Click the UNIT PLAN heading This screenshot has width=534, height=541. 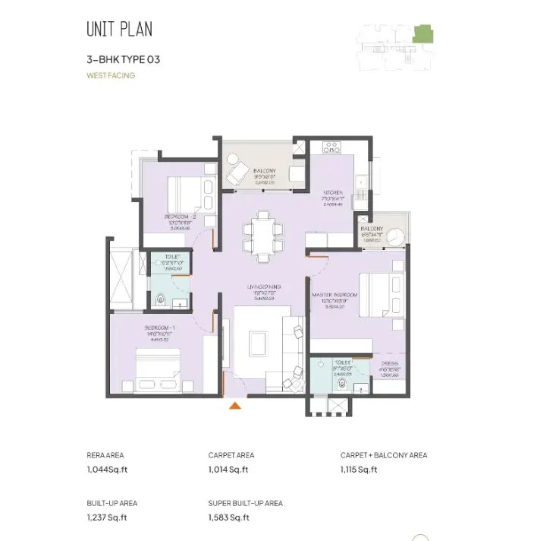[119, 30]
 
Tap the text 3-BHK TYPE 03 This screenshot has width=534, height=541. [124, 59]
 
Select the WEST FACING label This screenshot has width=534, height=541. [111, 75]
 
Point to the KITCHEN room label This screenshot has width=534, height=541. [334, 193]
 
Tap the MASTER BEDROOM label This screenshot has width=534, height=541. [335, 294]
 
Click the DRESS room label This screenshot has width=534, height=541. [391, 363]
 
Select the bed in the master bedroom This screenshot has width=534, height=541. [375, 294]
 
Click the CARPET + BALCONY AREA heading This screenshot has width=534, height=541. [383, 455]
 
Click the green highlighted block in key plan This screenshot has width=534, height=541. [421, 33]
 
